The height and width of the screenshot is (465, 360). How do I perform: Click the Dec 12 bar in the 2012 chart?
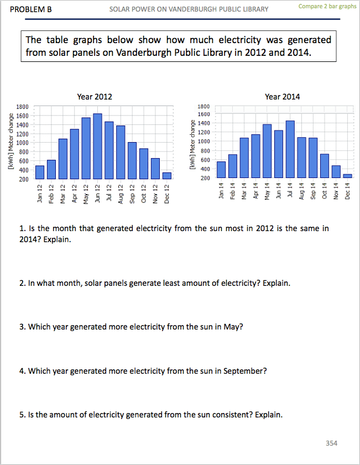pyautogui.click(x=167, y=176)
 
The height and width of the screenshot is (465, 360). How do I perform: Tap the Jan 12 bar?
pyautogui.click(x=40, y=172)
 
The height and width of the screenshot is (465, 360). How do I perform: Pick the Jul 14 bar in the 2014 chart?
pyautogui.click(x=290, y=149)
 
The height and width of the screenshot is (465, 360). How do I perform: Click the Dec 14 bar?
pyautogui.click(x=347, y=176)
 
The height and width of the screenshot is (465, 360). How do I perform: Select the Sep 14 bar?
pyautogui.click(x=313, y=158)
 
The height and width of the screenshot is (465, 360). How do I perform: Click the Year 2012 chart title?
pyautogui.click(x=95, y=97)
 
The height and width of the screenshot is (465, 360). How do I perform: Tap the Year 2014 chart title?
pyautogui.click(x=282, y=97)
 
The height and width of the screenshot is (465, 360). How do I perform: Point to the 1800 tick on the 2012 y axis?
pyautogui.click(x=22, y=107)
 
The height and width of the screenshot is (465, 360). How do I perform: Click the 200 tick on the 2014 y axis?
pyautogui.click(x=205, y=178)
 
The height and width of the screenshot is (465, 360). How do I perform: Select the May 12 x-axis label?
pyautogui.click(x=86, y=194)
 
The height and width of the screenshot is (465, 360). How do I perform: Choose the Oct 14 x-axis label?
pyautogui.click(x=325, y=191)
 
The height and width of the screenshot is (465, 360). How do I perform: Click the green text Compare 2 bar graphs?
pyautogui.click(x=327, y=7)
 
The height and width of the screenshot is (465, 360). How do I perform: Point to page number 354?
pyautogui.click(x=331, y=443)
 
